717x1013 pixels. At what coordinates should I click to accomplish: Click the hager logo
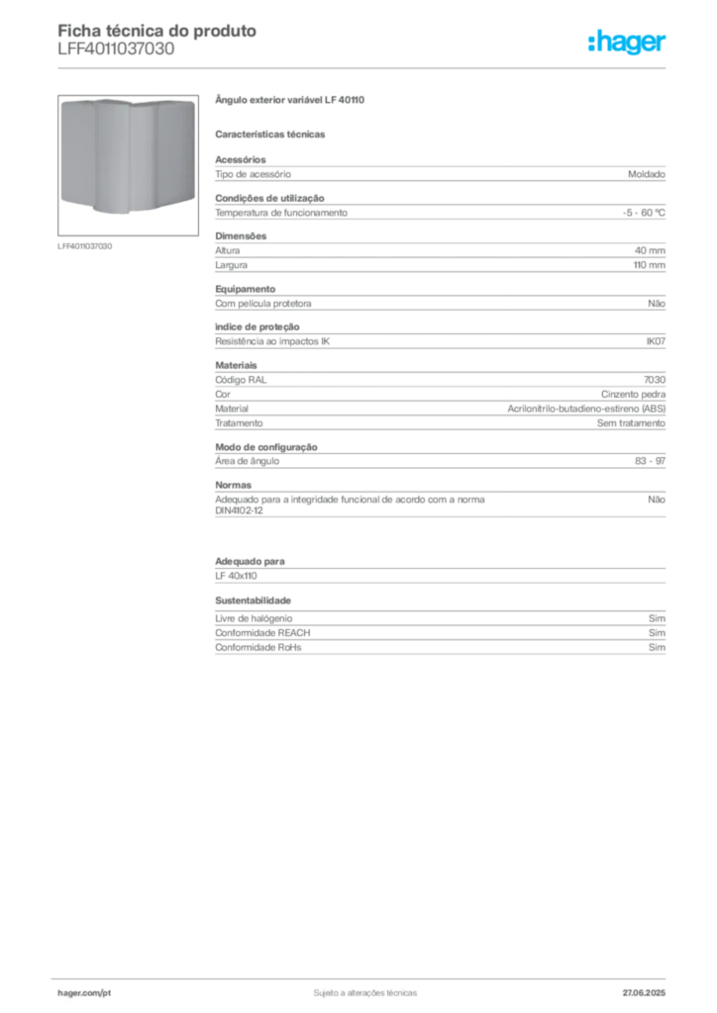(x=627, y=43)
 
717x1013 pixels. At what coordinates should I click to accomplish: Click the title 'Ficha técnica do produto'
(x=157, y=31)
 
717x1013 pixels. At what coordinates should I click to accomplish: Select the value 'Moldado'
(x=647, y=174)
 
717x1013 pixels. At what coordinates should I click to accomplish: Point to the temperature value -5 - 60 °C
(x=644, y=213)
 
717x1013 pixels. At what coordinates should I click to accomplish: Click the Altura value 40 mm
(x=650, y=250)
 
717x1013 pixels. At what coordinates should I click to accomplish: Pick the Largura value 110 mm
(x=649, y=265)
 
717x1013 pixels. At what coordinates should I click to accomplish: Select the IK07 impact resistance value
(x=656, y=341)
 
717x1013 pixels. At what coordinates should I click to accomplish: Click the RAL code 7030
(x=655, y=380)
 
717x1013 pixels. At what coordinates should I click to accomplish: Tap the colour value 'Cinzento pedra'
(x=633, y=394)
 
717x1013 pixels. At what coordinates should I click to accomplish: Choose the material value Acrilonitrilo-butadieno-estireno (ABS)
(x=586, y=409)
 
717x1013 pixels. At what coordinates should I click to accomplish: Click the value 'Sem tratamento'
(x=631, y=423)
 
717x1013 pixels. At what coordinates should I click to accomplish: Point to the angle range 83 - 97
(x=650, y=461)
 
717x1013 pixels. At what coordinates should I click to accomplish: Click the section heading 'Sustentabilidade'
(x=253, y=600)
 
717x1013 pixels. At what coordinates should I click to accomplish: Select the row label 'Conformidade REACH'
(x=262, y=633)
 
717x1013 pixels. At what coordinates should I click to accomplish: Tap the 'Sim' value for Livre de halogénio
(x=657, y=618)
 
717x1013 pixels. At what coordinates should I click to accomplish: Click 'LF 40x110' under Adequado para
(x=236, y=577)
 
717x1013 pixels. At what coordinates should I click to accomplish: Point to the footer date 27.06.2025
(x=644, y=993)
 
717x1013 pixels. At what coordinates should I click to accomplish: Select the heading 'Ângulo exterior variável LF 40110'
(x=289, y=100)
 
